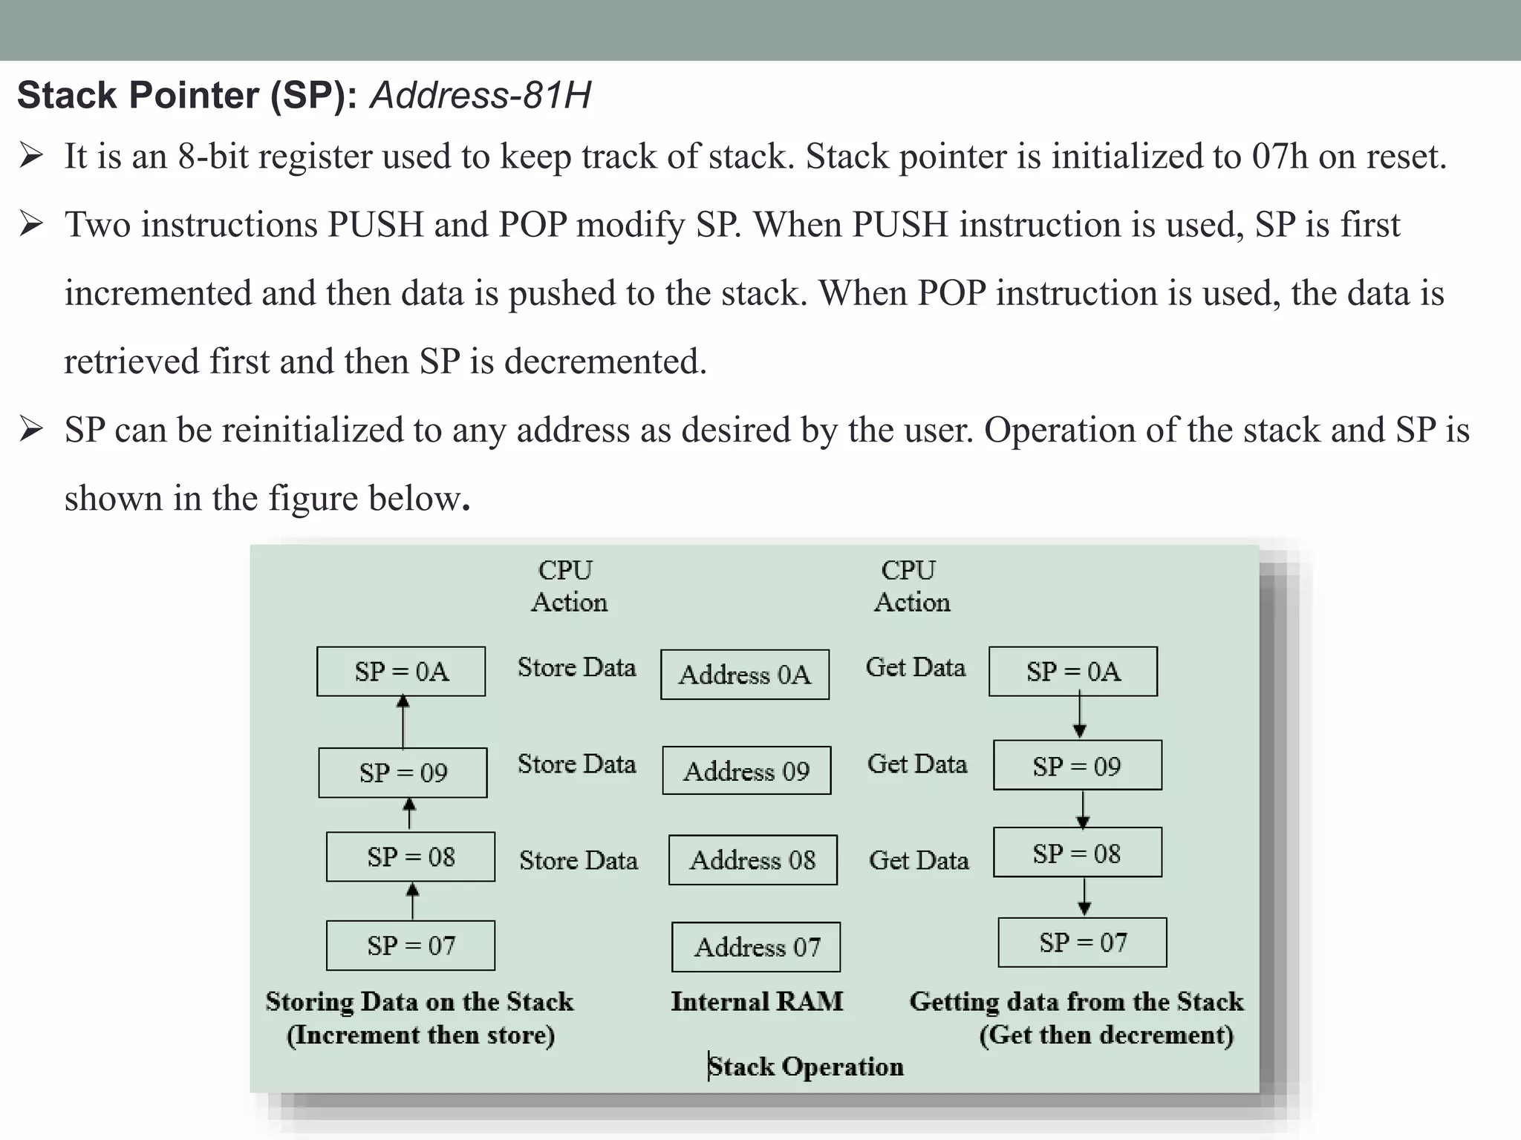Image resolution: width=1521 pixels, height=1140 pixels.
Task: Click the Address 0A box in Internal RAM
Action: pos(744,675)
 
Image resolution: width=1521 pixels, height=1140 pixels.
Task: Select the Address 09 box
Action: pos(746,771)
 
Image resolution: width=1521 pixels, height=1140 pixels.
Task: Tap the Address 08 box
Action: pos(752,860)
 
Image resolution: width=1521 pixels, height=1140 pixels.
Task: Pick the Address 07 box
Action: pos(756,947)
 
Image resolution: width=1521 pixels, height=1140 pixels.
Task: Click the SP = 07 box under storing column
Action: pos(410,946)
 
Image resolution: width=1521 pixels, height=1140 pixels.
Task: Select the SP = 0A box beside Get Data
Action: pos(1072,672)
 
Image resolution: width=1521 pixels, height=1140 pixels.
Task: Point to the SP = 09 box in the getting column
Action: pos(1077,765)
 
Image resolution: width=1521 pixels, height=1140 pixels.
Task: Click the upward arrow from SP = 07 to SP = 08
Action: pos(413,901)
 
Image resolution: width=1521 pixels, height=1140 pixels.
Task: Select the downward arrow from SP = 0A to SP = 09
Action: pos(1080,716)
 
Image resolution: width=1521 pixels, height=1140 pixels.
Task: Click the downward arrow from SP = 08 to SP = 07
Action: pos(1084,897)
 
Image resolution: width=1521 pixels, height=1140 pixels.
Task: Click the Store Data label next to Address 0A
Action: pos(576,667)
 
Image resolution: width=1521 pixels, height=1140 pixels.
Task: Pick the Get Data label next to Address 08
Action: pos(919,860)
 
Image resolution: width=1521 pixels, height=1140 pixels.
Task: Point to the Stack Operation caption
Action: pos(805,1067)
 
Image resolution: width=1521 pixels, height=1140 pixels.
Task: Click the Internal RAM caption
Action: pos(757,1001)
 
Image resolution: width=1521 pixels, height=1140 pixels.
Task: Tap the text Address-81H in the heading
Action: pos(481,96)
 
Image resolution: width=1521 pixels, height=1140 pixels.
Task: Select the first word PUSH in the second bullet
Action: pos(376,225)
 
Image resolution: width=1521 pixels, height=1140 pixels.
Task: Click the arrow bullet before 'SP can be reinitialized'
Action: pos(31,430)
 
